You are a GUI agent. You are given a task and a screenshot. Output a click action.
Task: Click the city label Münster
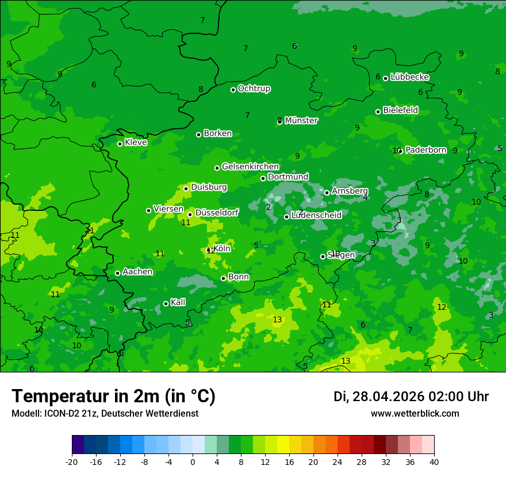point(301,121)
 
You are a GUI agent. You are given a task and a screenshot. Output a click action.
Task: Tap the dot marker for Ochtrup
point(233,90)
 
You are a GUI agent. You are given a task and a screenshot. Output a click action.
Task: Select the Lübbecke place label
point(409,77)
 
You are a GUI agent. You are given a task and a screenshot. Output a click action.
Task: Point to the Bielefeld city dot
point(378,111)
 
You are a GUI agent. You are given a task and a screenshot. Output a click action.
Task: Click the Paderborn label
point(425,150)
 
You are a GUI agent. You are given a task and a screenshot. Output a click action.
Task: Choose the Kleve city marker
point(120,144)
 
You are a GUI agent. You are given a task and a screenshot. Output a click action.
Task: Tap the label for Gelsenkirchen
point(250,167)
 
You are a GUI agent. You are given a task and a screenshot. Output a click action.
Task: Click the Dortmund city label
point(288,177)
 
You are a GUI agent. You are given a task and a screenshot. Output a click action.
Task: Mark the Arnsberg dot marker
point(327,193)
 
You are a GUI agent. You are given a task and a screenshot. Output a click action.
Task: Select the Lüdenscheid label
point(316,216)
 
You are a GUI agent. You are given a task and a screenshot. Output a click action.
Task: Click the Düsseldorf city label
point(217,213)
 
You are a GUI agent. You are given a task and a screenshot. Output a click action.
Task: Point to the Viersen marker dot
point(148,210)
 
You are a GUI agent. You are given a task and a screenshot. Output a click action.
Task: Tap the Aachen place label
point(137,272)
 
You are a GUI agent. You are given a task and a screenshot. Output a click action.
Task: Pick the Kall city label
point(178,302)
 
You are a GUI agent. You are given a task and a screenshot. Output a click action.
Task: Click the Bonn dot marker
point(223,278)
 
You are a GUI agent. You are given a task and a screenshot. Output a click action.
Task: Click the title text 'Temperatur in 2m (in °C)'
point(113,396)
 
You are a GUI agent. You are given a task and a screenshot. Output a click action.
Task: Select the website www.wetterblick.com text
point(415,414)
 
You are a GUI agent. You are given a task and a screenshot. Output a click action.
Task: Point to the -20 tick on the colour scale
point(72,461)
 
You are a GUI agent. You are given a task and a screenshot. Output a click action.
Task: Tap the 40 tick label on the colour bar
point(434,461)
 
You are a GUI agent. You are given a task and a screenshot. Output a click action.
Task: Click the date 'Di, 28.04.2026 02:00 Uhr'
point(411,397)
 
